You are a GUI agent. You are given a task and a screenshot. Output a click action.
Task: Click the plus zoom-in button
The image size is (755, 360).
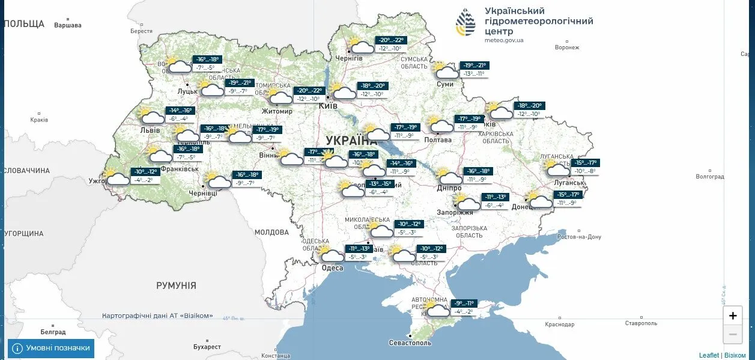click(733, 316)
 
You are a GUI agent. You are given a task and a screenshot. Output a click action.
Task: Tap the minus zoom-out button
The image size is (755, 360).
click(733, 334)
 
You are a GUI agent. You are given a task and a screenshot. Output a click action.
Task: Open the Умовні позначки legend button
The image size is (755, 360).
click(51, 348)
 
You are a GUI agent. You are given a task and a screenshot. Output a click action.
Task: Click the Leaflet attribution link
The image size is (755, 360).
click(709, 355)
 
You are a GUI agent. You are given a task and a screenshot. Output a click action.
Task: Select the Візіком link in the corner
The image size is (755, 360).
click(735, 355)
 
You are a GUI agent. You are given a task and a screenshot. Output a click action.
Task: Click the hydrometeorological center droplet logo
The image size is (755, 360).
click(465, 24)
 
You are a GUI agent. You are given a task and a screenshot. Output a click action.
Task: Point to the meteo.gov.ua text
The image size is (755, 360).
click(504, 40)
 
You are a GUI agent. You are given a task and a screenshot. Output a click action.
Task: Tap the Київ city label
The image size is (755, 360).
click(328, 106)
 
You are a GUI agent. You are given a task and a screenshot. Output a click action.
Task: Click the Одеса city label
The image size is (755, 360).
click(332, 268)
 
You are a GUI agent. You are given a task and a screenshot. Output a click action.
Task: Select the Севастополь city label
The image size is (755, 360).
click(410, 343)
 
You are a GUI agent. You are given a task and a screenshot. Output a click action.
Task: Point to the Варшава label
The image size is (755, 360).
click(67, 26)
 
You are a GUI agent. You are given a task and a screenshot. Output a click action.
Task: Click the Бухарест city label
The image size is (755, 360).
click(207, 347)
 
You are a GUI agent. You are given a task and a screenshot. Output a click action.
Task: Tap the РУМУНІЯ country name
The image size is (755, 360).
click(176, 285)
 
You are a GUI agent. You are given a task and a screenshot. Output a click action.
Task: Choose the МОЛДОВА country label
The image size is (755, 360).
click(271, 232)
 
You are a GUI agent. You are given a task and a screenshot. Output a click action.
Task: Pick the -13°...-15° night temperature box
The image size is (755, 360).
click(380, 184)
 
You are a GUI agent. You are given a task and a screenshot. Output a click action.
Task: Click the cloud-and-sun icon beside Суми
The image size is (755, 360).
click(446, 72)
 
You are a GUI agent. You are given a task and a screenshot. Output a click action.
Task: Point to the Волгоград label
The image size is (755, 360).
click(709, 177)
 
